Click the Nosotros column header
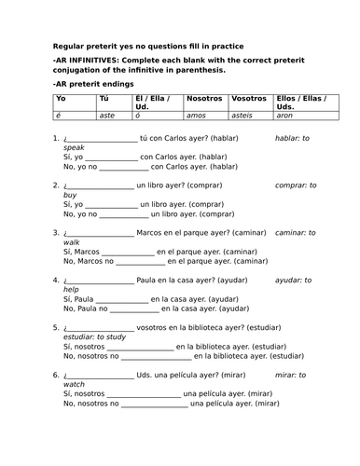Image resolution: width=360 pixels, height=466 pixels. (x=204, y=98)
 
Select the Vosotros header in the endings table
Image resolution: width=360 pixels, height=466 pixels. (x=248, y=98)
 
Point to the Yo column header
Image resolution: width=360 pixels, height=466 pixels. (x=62, y=98)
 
